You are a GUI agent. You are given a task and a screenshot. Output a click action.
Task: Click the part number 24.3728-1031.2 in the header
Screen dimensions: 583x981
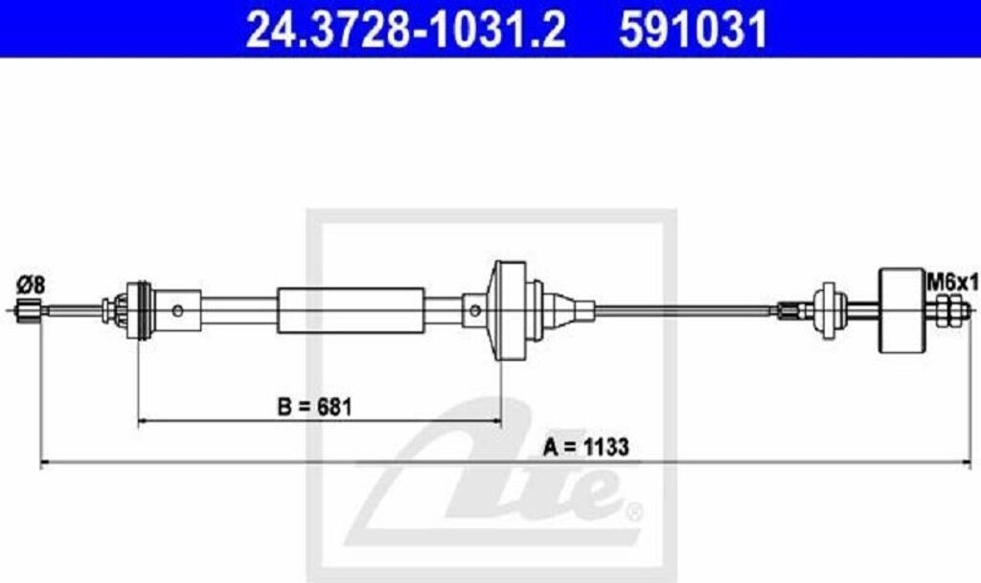tap(405, 29)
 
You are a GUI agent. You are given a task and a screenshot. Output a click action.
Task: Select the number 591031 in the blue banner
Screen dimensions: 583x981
tap(693, 29)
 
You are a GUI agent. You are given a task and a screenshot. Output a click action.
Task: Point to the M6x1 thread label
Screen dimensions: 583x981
tap(951, 280)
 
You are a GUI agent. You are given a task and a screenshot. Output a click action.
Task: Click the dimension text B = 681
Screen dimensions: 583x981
tap(315, 406)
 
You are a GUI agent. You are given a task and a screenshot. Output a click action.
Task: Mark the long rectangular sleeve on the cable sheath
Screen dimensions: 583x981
tap(351, 310)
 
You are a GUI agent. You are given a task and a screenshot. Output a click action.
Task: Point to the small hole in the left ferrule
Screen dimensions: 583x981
tap(178, 310)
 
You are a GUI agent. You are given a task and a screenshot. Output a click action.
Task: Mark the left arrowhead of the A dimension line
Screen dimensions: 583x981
tap(44, 464)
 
